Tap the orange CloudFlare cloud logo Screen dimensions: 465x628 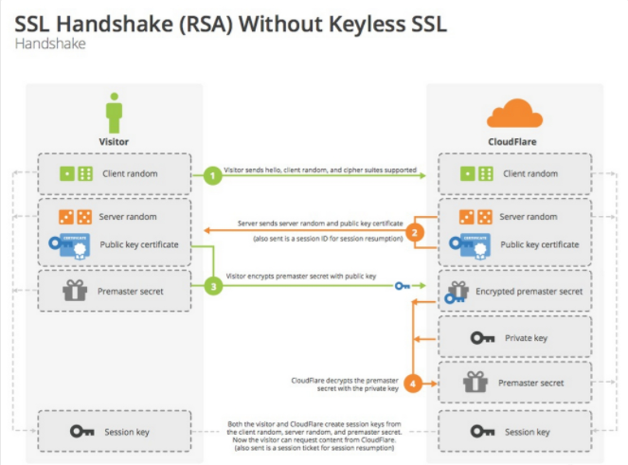click(514, 114)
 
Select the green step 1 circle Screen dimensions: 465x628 click(214, 174)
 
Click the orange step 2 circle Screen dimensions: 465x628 click(414, 231)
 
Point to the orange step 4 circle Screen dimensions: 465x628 click(414, 384)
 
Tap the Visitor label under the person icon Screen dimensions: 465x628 click(115, 142)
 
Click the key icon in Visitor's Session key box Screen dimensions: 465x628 click(82, 432)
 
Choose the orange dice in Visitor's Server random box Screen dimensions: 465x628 click(75, 217)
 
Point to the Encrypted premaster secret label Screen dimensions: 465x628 click(543, 291)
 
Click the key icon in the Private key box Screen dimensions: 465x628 click(481, 337)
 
